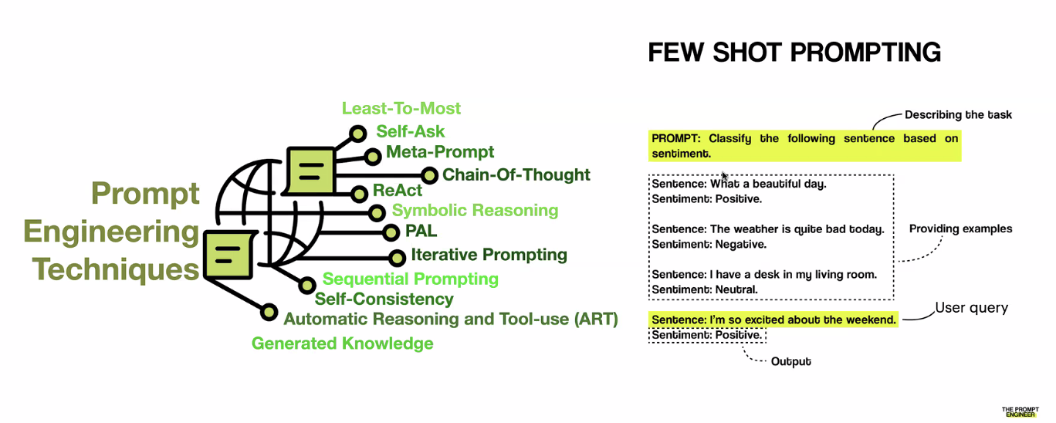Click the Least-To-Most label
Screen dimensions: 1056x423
click(401, 109)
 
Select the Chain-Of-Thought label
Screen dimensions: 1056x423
click(516, 175)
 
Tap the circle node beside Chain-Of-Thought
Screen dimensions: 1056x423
click(429, 176)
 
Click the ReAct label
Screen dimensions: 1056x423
click(398, 191)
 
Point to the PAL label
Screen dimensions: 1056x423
click(421, 231)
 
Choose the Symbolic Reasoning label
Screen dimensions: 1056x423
click(476, 210)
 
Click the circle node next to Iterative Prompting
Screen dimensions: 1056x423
click(397, 258)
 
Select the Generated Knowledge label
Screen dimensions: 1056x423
click(342, 343)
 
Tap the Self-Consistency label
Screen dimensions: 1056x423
click(384, 299)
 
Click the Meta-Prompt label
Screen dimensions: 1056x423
click(440, 152)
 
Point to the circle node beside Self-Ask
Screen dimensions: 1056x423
click(358, 134)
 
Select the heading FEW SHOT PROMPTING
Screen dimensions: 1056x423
click(794, 52)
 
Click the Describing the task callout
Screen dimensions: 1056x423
click(958, 114)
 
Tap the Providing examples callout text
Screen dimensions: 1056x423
click(960, 228)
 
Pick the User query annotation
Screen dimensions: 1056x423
click(972, 308)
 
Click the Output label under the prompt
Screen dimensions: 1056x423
click(790, 362)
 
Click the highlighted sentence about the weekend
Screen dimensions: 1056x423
click(773, 320)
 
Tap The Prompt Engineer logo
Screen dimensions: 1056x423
click(1020, 411)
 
